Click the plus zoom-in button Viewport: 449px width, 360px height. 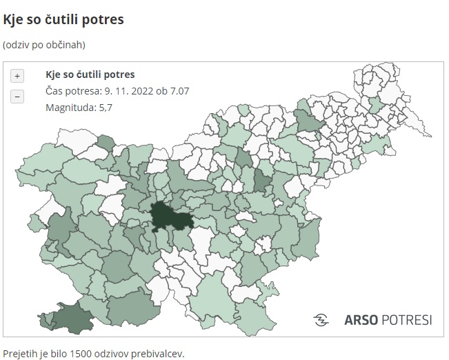click(x=17, y=76)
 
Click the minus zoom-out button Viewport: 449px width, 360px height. click(x=17, y=97)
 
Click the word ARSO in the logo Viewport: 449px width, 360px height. click(x=359, y=320)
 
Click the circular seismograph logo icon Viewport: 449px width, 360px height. click(x=321, y=320)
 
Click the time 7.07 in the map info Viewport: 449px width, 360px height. click(x=177, y=91)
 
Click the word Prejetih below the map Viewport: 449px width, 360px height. click(x=19, y=353)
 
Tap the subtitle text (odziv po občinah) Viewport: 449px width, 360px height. click(x=43, y=45)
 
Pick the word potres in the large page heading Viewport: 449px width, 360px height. click(x=105, y=19)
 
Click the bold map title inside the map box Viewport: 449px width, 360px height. click(x=90, y=74)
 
